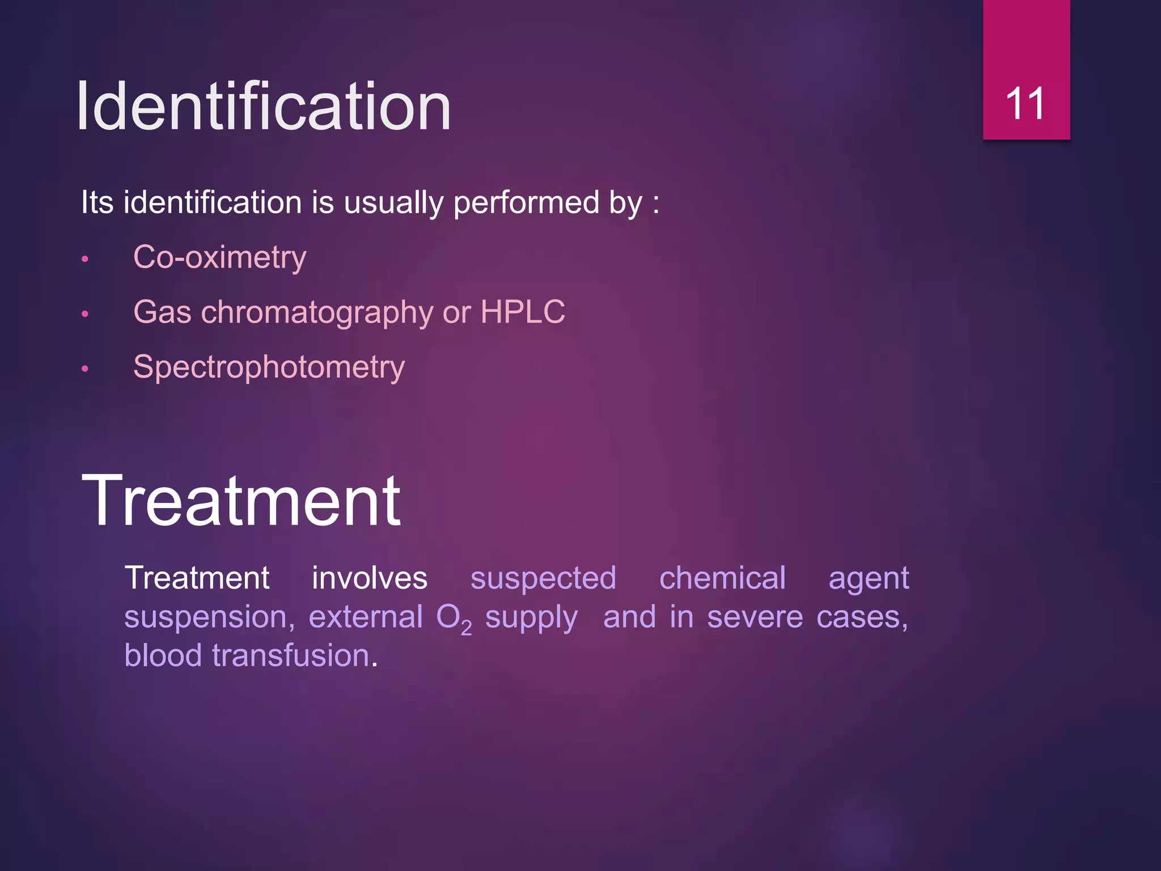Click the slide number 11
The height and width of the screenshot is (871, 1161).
click(x=1025, y=104)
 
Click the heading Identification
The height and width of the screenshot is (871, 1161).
click(x=263, y=107)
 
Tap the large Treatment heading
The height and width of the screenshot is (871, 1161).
click(x=241, y=501)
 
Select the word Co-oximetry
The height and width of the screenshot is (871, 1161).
click(x=219, y=258)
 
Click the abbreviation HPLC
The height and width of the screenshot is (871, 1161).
click(x=522, y=312)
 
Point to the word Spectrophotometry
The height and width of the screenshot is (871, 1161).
click(x=269, y=367)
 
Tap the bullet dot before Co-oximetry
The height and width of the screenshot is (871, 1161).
click(x=85, y=260)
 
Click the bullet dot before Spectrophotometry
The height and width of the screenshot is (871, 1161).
click(x=85, y=369)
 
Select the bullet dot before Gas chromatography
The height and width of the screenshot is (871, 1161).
click(x=85, y=314)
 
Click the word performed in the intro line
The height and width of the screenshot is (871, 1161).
click(x=526, y=202)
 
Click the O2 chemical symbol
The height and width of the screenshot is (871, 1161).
click(x=453, y=618)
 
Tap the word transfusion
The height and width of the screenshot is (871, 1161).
click(x=291, y=656)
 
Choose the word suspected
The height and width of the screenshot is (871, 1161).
click(x=543, y=579)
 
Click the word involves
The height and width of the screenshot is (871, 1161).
click(x=370, y=578)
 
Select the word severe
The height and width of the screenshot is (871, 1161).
click(x=755, y=618)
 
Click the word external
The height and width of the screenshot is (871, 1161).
click(x=366, y=617)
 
